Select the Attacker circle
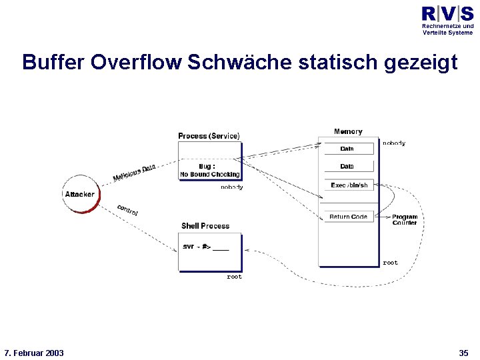click(x=79, y=194)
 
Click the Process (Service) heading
click(x=209, y=136)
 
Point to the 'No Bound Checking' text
click(x=209, y=175)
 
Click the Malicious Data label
click(x=134, y=173)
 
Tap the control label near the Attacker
click(x=127, y=209)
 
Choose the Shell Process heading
click(x=205, y=226)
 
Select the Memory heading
click(x=348, y=132)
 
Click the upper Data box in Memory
click(x=347, y=149)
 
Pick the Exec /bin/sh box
click(x=349, y=185)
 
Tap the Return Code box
click(x=348, y=217)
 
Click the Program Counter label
click(x=405, y=220)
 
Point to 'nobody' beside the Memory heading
click(x=393, y=143)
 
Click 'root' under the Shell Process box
click(x=234, y=277)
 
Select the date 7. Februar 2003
click(x=34, y=353)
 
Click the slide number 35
click(x=464, y=353)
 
